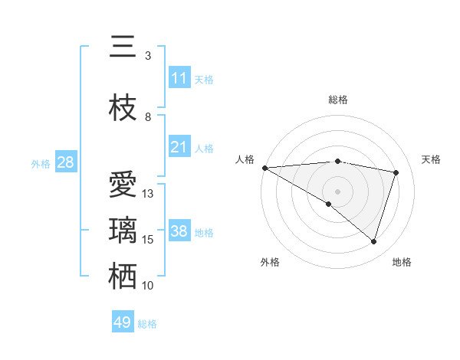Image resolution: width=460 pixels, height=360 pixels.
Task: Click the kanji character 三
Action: (123, 47)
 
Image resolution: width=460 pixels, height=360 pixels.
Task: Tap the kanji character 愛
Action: (123, 185)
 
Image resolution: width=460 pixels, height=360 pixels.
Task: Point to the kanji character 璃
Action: (123, 231)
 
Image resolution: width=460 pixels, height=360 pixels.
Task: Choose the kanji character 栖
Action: (123, 277)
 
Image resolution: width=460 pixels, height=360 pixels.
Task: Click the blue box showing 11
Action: (179, 78)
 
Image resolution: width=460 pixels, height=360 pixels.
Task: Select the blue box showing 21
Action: (179, 147)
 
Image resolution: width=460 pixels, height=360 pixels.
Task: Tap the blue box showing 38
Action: (179, 231)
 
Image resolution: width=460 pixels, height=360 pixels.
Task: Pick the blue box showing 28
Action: (65, 162)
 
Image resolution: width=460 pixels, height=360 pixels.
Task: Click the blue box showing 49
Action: (123, 322)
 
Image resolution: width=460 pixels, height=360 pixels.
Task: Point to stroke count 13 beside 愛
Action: (148, 194)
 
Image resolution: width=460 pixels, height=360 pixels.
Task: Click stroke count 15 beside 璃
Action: (148, 240)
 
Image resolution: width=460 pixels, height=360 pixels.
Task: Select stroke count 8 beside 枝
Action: (148, 117)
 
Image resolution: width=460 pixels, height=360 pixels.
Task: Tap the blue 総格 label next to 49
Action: (147, 324)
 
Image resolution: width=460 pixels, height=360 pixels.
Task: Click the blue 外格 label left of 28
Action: (40, 163)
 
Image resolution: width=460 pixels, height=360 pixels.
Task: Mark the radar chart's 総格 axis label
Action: (337, 100)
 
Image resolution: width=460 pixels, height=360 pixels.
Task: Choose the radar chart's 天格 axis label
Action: (432, 159)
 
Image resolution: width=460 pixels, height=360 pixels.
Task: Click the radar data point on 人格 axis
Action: (264, 168)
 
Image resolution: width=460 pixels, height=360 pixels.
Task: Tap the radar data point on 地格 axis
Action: (373, 242)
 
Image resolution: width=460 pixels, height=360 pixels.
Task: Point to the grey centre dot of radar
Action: (337, 190)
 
